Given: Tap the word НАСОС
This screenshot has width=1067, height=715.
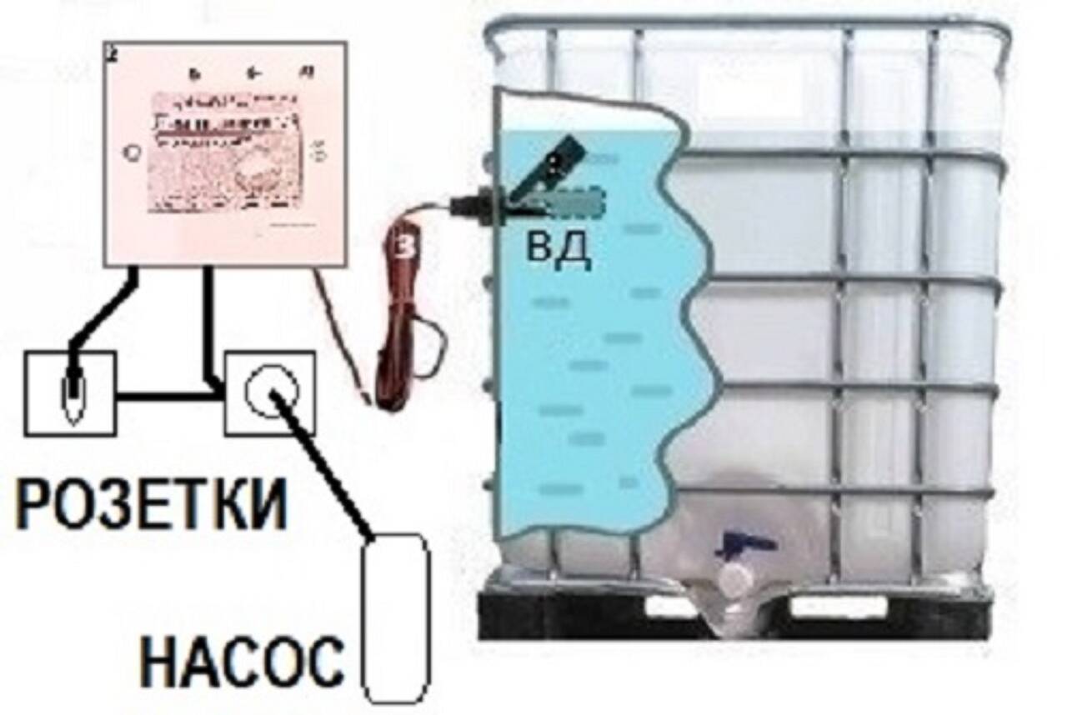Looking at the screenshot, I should pyautogui.click(x=241, y=661).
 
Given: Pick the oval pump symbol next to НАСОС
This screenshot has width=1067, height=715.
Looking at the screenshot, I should pyautogui.click(x=395, y=616).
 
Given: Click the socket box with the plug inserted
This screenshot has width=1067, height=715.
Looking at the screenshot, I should pyautogui.click(x=70, y=392).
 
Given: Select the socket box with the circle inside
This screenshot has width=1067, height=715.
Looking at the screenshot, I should pyautogui.click(x=270, y=392).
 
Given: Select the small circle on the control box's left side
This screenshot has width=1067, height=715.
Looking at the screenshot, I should pyautogui.click(x=131, y=152).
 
